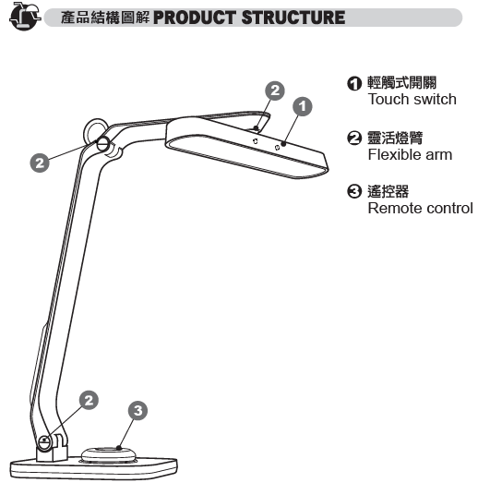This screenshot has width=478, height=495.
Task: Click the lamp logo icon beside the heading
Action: (x=25, y=16)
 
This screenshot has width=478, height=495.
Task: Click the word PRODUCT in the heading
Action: (x=195, y=18)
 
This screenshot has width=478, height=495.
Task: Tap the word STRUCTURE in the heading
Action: (x=293, y=18)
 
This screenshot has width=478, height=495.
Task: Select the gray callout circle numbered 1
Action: (x=303, y=106)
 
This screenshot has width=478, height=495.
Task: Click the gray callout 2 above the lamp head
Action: (x=275, y=91)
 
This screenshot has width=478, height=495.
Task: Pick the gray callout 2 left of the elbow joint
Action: (x=40, y=163)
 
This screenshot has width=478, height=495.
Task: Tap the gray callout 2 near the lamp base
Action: (x=89, y=400)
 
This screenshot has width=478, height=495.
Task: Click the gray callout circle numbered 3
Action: (x=137, y=410)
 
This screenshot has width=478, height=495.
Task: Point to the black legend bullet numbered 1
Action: (x=354, y=83)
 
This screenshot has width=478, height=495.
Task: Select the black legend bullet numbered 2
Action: (x=354, y=138)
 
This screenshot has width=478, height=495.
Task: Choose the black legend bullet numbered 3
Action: (x=354, y=191)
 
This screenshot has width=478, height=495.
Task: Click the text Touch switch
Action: (x=412, y=100)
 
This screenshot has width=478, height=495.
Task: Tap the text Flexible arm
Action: (x=410, y=155)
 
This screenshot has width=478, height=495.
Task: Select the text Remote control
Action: (x=420, y=209)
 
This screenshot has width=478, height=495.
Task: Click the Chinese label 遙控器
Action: (x=388, y=191)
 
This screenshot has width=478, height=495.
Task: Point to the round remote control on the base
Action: (x=109, y=455)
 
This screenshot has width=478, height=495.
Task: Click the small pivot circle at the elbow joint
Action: (x=103, y=144)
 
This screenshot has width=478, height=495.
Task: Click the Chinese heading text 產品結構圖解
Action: (x=105, y=18)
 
